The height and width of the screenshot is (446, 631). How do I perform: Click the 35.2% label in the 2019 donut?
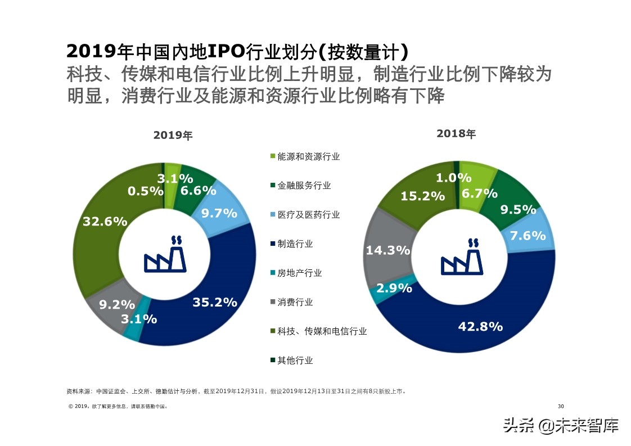coord(215,303)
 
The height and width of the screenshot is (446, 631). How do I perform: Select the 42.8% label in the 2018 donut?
coord(480,327)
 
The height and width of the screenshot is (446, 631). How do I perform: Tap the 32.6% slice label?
coord(105,222)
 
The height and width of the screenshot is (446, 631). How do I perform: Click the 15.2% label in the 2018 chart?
coord(422,196)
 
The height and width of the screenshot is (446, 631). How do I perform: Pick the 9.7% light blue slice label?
coord(219,214)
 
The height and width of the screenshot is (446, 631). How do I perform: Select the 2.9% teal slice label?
coord(394,289)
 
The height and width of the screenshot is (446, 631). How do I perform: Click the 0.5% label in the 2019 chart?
coord(145,191)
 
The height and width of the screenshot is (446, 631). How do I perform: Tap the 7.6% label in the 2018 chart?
coord(528,236)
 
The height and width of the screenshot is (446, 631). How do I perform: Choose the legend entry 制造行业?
coord(295,244)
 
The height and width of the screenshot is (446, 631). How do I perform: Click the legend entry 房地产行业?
coord(299,273)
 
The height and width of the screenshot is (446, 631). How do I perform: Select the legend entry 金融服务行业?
coord(304,186)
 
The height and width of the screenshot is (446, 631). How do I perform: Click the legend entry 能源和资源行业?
coord(308,157)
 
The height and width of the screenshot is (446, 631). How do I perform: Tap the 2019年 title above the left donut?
coord(173,136)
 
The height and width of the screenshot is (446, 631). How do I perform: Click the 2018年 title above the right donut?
coord(456,134)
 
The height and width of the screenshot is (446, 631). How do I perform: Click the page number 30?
coord(560,407)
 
